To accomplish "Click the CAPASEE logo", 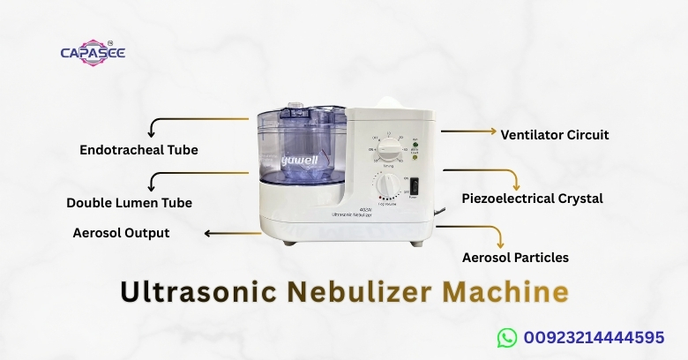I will click(x=92, y=52).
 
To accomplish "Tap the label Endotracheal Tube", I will click(x=138, y=150).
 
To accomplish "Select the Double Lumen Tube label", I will click(x=129, y=203).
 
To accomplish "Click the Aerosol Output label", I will click(x=121, y=233).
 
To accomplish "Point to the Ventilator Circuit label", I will click(x=555, y=135).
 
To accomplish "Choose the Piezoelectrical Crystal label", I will click(x=533, y=199).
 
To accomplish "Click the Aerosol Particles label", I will click(x=515, y=258).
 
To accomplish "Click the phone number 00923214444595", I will click(x=594, y=337).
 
